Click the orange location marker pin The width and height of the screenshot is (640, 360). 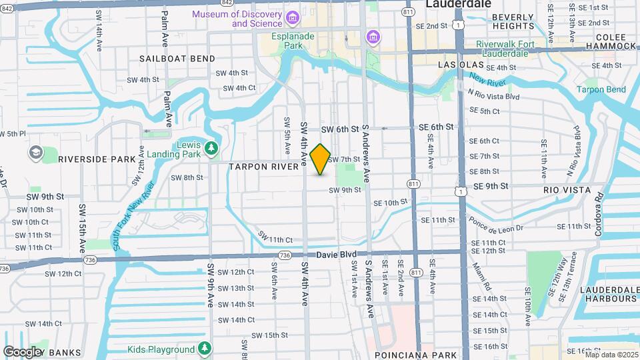tap(321, 159)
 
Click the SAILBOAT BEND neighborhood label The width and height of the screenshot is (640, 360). tap(168, 59)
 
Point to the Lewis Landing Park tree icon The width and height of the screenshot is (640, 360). tap(211, 147)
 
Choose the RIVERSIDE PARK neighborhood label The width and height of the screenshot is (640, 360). tap(97, 159)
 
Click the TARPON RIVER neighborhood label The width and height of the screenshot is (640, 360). tap(264, 167)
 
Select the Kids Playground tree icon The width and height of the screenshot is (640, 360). tap(205, 349)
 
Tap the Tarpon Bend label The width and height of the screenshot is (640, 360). tap(601, 89)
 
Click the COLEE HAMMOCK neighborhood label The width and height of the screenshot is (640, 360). tap(611, 41)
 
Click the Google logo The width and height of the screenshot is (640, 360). tap(23, 351)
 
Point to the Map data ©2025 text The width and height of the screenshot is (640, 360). tap(611, 355)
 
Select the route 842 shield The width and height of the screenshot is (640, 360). tap(227, 3)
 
